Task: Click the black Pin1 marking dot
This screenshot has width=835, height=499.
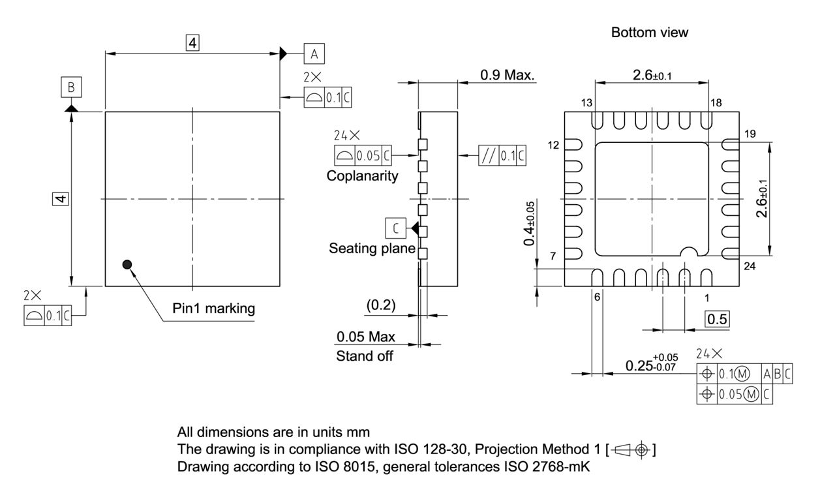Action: pyautogui.click(x=127, y=264)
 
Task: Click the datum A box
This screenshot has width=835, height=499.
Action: pyautogui.click(x=314, y=53)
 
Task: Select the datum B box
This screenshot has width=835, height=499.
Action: pyautogui.click(x=71, y=87)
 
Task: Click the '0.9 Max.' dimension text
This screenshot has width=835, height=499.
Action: pyautogui.click(x=507, y=75)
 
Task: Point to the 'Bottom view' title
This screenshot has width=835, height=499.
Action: pyautogui.click(x=649, y=33)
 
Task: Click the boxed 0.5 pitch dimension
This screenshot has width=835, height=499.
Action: pyautogui.click(x=718, y=318)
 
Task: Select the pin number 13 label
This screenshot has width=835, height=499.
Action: pyautogui.click(x=586, y=103)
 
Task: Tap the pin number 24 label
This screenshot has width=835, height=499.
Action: pyautogui.click(x=749, y=265)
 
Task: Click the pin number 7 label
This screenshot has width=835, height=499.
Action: pyautogui.click(x=553, y=256)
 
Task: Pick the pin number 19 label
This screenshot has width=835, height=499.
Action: pyautogui.click(x=749, y=134)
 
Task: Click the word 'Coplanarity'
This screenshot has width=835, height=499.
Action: pyautogui.click(x=363, y=176)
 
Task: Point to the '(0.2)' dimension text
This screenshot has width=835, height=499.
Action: pyautogui.click(x=380, y=305)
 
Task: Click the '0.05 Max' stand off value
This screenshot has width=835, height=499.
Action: pyautogui.click(x=366, y=337)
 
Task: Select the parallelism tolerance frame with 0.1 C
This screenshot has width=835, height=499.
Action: pyautogui.click(x=502, y=156)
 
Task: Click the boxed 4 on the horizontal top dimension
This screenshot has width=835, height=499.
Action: pyautogui.click(x=192, y=43)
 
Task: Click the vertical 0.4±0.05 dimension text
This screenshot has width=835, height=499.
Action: pyautogui.click(x=530, y=222)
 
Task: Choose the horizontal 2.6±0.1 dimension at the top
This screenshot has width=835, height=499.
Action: pyautogui.click(x=652, y=76)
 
